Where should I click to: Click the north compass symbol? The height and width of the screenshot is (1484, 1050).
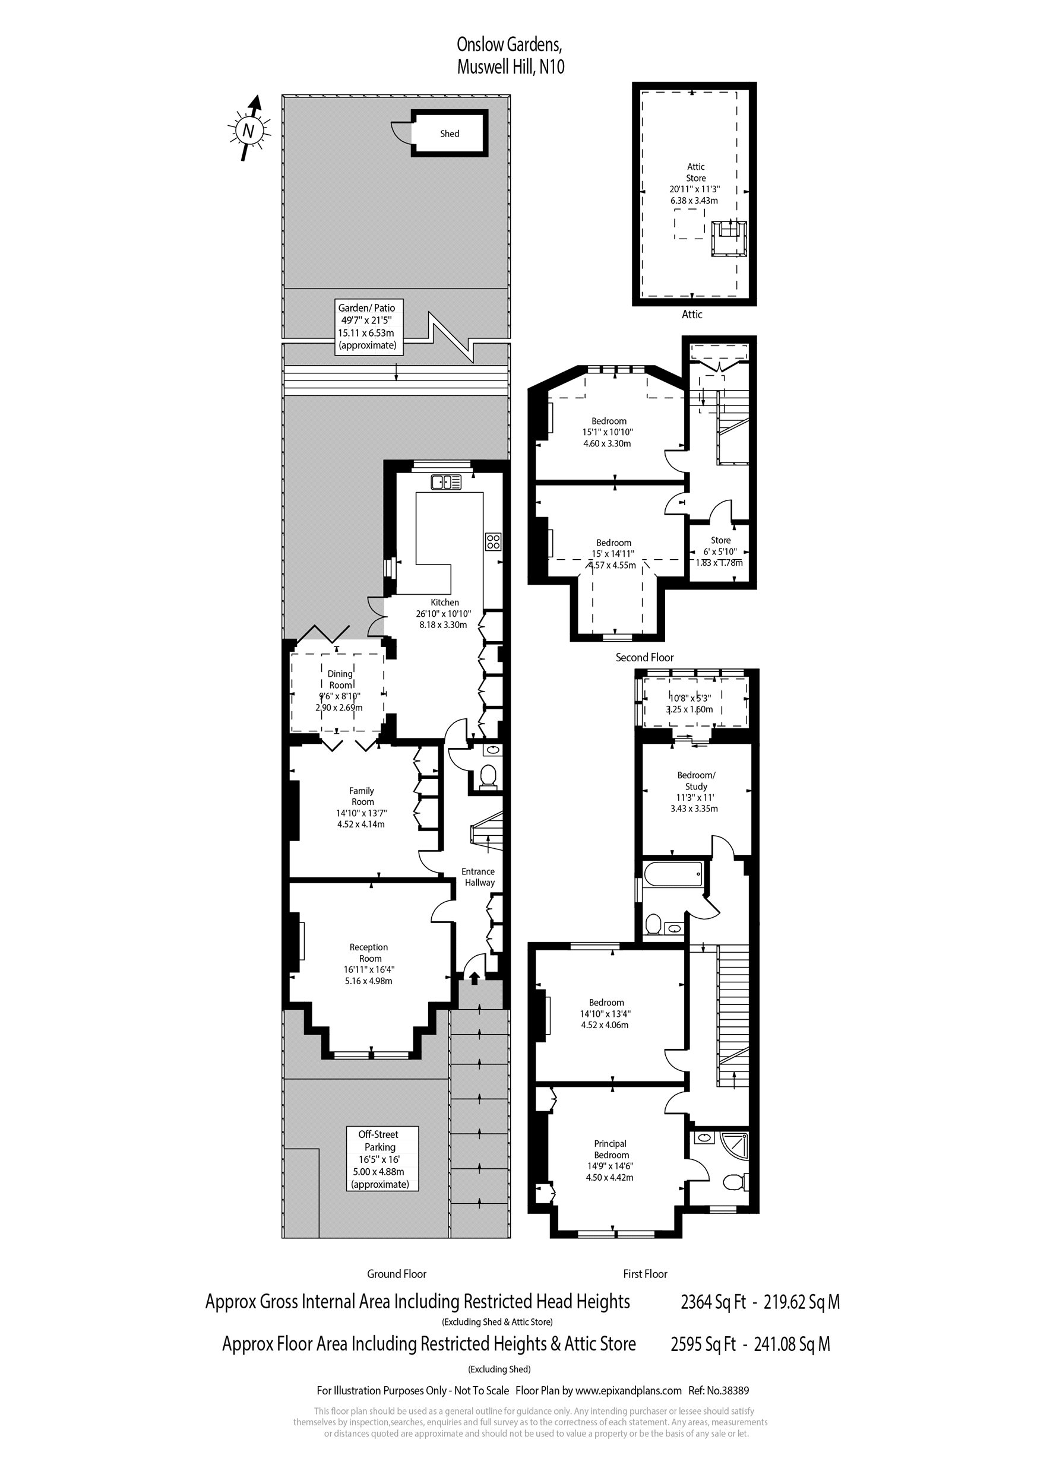(x=248, y=129)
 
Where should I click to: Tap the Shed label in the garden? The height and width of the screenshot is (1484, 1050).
(x=450, y=134)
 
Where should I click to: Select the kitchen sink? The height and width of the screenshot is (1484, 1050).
(x=446, y=481)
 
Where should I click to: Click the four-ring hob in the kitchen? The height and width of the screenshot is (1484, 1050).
(x=493, y=541)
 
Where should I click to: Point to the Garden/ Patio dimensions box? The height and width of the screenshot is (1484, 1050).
(x=368, y=327)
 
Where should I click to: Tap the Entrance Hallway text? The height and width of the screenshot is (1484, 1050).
(x=479, y=877)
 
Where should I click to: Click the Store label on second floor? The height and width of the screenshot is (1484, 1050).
(x=720, y=540)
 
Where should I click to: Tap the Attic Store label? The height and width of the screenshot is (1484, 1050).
(x=695, y=173)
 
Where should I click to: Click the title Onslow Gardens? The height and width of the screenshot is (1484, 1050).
(x=510, y=45)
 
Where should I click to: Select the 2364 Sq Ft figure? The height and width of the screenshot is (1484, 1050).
(x=713, y=1302)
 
